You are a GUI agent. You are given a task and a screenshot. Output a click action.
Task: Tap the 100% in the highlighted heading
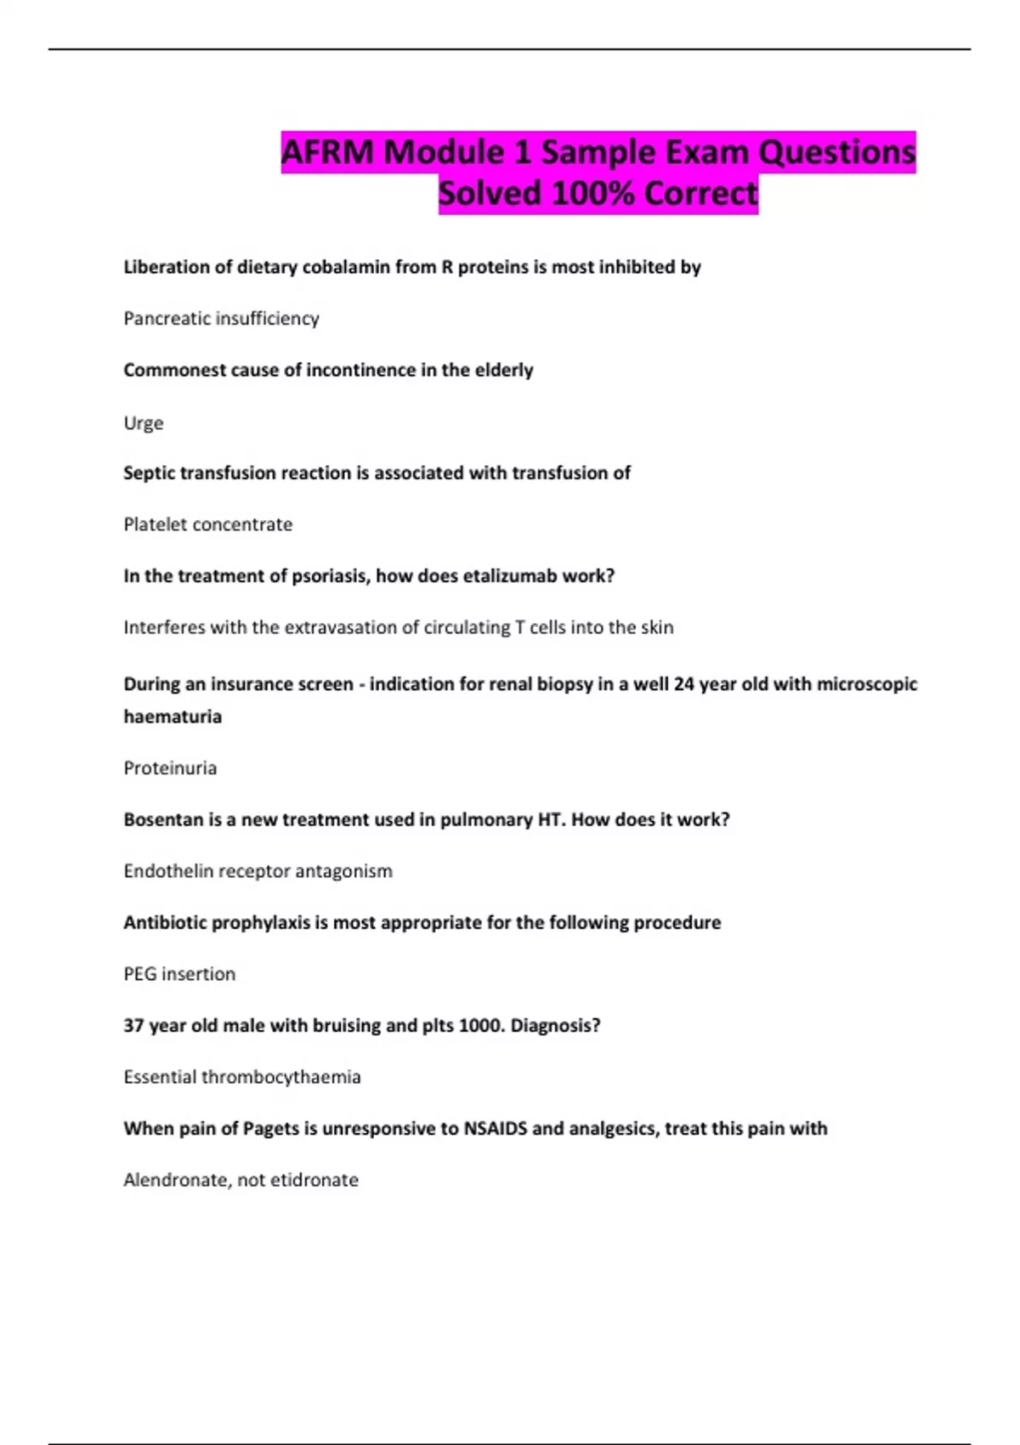592,194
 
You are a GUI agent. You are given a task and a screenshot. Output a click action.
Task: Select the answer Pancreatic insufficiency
221,319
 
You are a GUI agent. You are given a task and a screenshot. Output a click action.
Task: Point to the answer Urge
143,423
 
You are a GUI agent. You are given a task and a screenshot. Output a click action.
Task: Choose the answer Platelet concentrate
207,524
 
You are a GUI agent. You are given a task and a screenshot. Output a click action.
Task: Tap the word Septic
149,473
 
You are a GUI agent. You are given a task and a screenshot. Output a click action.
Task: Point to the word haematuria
173,717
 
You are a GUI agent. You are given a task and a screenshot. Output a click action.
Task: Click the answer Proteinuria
170,768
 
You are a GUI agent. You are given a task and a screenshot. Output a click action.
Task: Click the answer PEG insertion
179,974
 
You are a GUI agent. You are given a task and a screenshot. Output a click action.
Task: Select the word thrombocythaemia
280,1078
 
